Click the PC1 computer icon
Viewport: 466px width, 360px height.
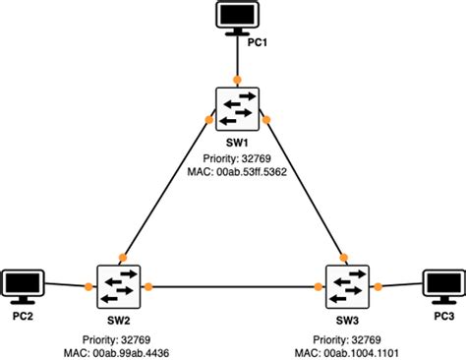[236, 18]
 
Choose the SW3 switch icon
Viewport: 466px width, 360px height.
[347, 286]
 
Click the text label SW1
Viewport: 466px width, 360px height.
[236, 143]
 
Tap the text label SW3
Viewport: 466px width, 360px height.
[347, 321]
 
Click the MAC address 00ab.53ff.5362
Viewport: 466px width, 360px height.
[236, 172]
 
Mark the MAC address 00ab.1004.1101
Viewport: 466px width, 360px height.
[346, 350]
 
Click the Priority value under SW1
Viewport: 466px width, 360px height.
[236, 157]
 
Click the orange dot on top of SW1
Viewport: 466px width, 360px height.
[237, 79]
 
